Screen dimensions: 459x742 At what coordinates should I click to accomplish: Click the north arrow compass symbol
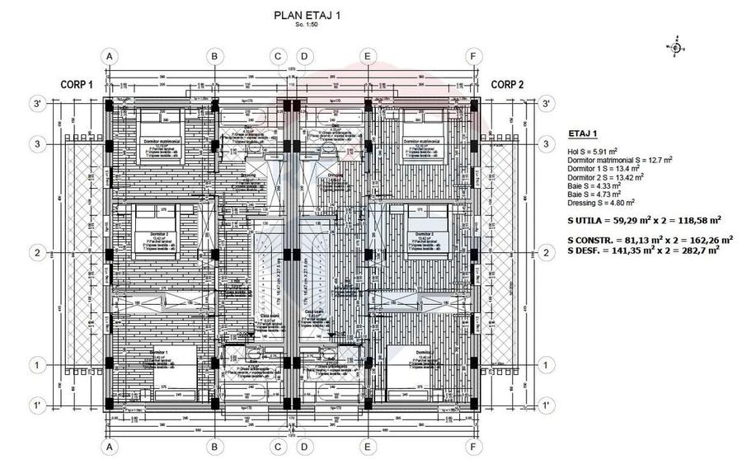676,48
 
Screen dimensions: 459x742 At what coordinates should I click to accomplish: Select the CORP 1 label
77,84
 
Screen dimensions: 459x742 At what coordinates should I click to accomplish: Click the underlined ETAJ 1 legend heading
584,133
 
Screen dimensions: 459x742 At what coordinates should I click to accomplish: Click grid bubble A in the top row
107,56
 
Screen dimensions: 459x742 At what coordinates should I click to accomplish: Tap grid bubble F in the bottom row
472,447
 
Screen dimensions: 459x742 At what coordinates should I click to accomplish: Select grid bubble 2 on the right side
545,253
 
